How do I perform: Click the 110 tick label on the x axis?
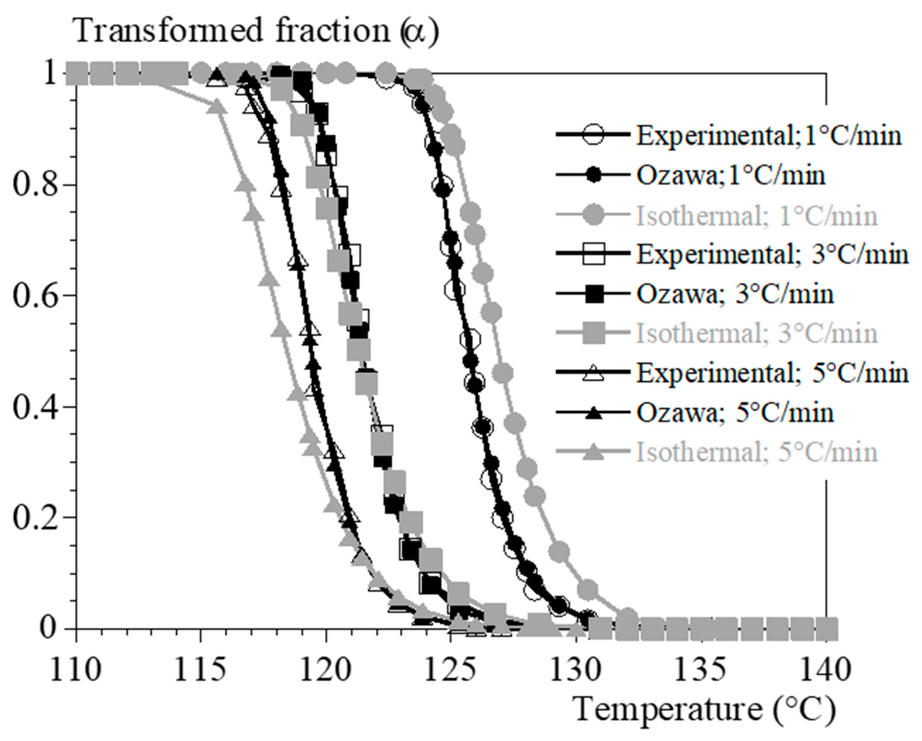click(x=76, y=671)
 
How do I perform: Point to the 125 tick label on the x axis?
click(x=450, y=671)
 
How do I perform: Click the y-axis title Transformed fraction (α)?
click(x=257, y=32)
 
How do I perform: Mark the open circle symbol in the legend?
click(x=593, y=135)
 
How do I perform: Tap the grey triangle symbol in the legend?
click(x=593, y=452)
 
